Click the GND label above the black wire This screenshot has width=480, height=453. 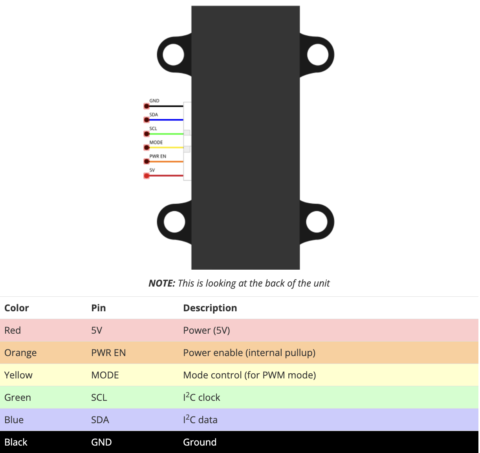pyautogui.click(x=154, y=101)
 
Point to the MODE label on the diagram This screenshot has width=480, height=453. pyautogui.click(x=156, y=142)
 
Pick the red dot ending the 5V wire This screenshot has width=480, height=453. pyautogui.click(x=147, y=176)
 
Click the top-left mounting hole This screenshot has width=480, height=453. pyautogui.click(x=173, y=55)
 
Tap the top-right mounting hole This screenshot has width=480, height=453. pyautogui.click(x=318, y=55)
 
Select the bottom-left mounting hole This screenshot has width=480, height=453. pyautogui.click(x=174, y=222)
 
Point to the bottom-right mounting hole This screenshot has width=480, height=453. pyautogui.click(x=317, y=222)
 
